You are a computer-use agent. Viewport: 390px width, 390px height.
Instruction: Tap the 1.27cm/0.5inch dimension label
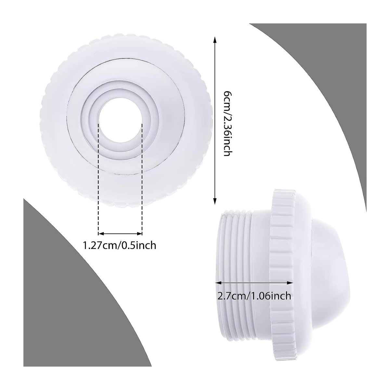tap(119, 245)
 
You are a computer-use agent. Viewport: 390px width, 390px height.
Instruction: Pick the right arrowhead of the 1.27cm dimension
tap(140, 234)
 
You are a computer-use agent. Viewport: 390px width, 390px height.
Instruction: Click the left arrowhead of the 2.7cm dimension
tap(218, 282)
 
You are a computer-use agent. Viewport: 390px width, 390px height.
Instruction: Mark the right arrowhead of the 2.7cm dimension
tap(290, 282)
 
